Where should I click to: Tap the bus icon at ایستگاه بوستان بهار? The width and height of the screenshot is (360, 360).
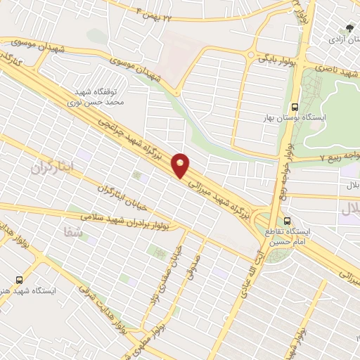pyautogui.click(x=293, y=108)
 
